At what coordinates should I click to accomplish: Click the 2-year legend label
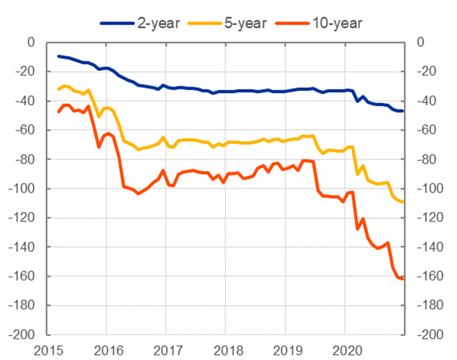point(158,23)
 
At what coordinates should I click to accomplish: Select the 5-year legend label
point(245,23)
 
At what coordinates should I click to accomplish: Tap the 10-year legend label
point(338,23)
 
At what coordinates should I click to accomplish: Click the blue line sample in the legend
point(117,23)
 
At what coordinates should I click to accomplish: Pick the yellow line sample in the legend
point(205,23)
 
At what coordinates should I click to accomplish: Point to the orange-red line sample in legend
point(292,23)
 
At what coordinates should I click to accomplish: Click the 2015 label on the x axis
point(48,350)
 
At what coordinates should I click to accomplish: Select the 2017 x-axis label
point(168,350)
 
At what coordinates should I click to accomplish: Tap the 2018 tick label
point(228,350)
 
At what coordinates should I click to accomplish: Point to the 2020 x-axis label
point(347,350)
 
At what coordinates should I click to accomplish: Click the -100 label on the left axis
point(21,188)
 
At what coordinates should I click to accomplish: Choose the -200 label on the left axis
point(21,335)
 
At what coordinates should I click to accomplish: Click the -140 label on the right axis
point(430,247)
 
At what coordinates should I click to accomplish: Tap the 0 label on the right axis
point(421,42)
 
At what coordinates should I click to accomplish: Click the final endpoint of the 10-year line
point(402,279)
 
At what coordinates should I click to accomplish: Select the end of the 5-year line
point(402,202)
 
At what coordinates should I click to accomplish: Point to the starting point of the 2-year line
point(58,56)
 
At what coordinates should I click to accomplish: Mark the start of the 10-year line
point(58,112)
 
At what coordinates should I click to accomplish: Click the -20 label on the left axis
point(25,72)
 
